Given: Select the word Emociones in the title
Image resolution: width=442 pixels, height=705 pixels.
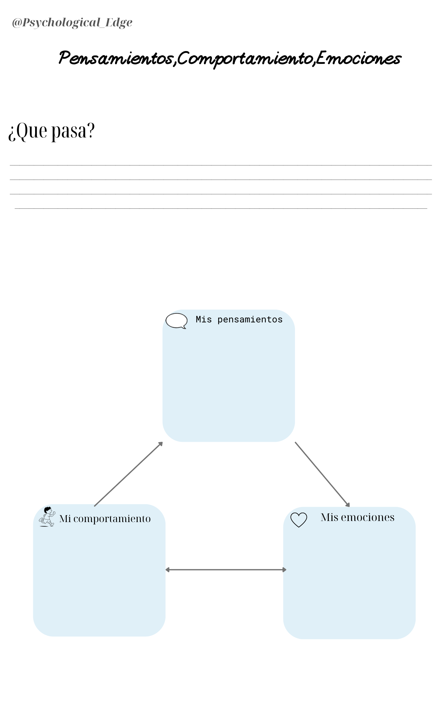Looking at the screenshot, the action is [358, 58].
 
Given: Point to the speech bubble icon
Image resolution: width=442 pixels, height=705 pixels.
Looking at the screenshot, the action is [176, 321].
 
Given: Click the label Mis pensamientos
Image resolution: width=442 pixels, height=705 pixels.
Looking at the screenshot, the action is [239, 320].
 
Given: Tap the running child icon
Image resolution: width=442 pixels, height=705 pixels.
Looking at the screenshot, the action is [47, 517].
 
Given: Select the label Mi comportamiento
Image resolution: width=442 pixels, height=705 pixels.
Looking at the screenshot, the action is [105, 519].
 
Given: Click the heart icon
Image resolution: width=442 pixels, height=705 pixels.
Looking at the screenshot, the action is [299, 520].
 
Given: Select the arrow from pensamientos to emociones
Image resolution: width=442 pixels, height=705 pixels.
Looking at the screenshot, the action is [322, 474].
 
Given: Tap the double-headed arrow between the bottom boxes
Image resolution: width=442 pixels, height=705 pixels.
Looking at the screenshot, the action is [226, 570].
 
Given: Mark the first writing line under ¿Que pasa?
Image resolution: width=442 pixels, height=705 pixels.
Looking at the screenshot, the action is [221, 165].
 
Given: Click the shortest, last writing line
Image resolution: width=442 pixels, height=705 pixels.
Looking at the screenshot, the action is [221, 208].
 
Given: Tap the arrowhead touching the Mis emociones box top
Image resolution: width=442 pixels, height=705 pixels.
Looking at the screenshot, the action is [348, 504].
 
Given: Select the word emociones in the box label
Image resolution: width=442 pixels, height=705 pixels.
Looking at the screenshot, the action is [368, 517].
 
